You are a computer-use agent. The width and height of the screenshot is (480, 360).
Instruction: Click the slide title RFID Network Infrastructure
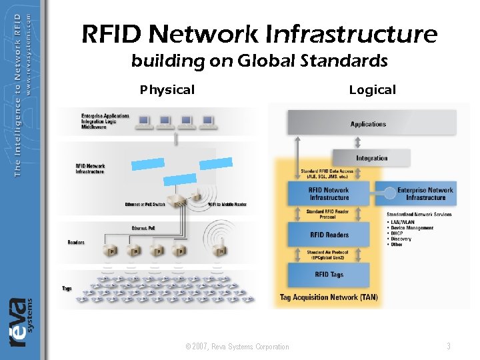[x=259, y=33]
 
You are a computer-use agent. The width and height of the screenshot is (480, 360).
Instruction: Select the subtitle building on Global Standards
[x=259, y=61]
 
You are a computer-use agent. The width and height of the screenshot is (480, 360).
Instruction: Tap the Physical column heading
[x=167, y=90]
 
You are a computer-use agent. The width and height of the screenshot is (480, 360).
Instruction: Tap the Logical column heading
[x=372, y=90]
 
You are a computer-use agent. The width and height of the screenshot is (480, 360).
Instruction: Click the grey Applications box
[x=368, y=123]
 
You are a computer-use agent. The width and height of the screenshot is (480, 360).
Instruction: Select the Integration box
[x=371, y=158]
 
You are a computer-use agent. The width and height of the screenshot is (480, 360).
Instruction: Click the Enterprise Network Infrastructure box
[x=425, y=193]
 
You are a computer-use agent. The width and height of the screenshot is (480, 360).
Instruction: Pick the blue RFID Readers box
[x=329, y=235]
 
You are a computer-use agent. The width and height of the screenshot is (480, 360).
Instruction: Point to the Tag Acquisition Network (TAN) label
[x=329, y=297]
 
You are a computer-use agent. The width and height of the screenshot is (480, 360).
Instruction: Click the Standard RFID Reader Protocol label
[x=329, y=214]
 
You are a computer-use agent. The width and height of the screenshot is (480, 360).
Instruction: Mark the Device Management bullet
[x=412, y=228]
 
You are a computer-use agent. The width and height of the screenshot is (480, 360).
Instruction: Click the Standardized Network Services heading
[x=419, y=215]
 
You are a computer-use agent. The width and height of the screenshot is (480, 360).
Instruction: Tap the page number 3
[x=449, y=346]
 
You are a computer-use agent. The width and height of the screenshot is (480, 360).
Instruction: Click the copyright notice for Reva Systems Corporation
[x=237, y=347]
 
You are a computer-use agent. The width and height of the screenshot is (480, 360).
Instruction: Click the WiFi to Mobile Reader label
[x=227, y=204]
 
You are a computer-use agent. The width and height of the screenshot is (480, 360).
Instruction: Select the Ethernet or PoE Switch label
[x=145, y=204]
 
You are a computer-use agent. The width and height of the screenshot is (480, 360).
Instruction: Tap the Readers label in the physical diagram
[x=76, y=242]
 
